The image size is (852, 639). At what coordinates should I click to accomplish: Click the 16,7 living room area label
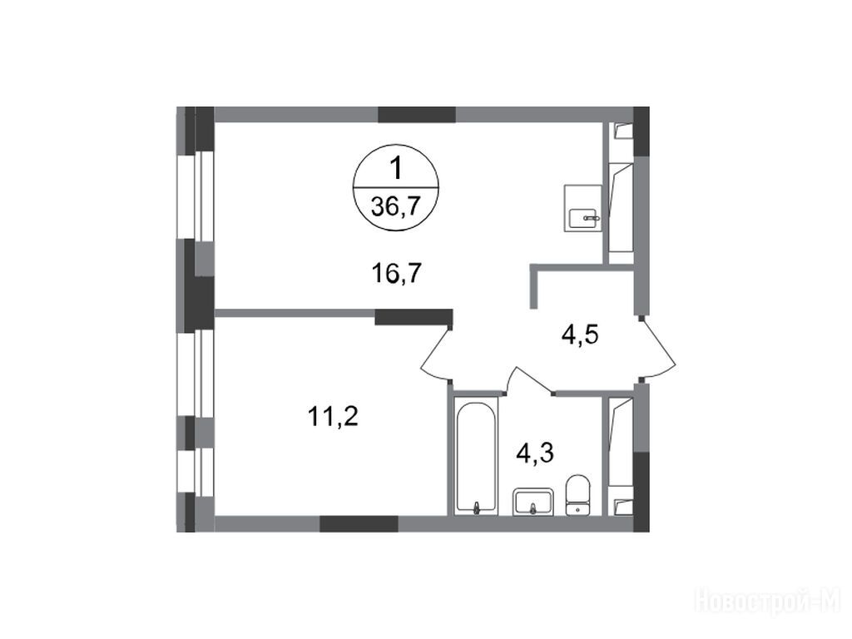pyautogui.click(x=397, y=272)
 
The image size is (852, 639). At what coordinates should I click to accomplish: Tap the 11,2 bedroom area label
pyautogui.click(x=333, y=417)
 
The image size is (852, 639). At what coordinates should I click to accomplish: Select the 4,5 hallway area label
pyautogui.click(x=580, y=334)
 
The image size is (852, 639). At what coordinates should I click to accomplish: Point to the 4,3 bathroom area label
pyautogui.click(x=535, y=453)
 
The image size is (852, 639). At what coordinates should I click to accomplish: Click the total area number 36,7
pyautogui.click(x=396, y=207)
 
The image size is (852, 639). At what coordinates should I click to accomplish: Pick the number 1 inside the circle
pyautogui.click(x=397, y=168)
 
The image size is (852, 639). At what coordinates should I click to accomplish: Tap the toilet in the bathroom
pyautogui.click(x=577, y=494)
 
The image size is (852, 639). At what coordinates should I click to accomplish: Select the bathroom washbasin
pyautogui.click(x=533, y=501)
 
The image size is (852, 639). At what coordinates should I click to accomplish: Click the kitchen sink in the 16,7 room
pyautogui.click(x=583, y=209)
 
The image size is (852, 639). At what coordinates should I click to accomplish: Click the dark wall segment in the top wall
pyautogui.click(x=417, y=114)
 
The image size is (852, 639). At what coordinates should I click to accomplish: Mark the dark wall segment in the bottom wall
pyautogui.click(x=359, y=524)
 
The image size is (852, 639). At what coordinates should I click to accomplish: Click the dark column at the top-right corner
pyautogui.click(x=641, y=131)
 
